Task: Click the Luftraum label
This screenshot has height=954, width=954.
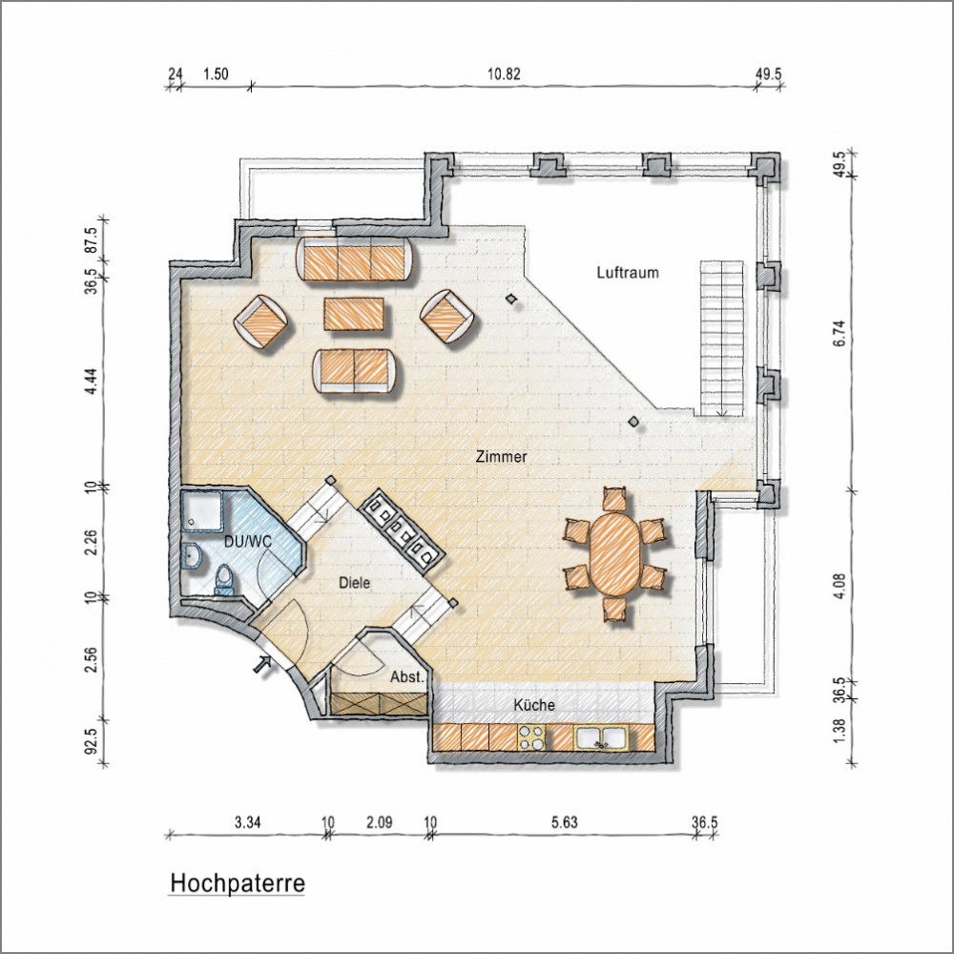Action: [x=628, y=273]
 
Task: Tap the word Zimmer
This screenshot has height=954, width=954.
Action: [x=502, y=457]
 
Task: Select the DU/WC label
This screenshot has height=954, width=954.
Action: [x=248, y=542]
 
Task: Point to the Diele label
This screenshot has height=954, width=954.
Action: [x=354, y=583]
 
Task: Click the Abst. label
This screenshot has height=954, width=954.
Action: [x=406, y=676]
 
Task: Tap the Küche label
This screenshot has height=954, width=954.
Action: [x=534, y=705]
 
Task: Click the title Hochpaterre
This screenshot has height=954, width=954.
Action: [x=238, y=883]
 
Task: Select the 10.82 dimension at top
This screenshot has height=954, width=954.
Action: [x=504, y=74]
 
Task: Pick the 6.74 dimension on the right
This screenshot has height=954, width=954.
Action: [x=840, y=333]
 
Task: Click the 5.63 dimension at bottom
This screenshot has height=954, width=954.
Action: [x=564, y=822]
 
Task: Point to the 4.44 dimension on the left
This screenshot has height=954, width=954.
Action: [x=92, y=381]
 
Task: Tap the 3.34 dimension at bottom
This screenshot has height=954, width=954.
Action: [x=248, y=822]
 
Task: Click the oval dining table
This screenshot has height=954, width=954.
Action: [x=615, y=553]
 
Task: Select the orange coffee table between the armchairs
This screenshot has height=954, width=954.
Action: [x=354, y=314]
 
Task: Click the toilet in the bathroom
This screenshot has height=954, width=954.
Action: [x=224, y=580]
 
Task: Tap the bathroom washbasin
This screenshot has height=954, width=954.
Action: [x=193, y=555]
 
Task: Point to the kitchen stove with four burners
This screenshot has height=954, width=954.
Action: [x=531, y=737]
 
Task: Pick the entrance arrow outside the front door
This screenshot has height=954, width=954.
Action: [x=263, y=664]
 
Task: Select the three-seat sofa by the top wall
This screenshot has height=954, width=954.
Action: [x=357, y=259]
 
